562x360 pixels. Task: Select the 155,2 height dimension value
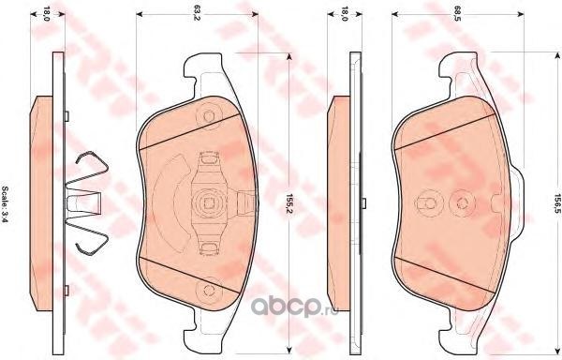(288, 203)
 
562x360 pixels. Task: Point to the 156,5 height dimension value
(557, 203)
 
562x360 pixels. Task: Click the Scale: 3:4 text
(6, 204)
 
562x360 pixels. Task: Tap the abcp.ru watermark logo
(294, 307)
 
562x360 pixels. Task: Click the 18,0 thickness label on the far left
(47, 13)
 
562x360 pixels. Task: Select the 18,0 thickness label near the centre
(345, 13)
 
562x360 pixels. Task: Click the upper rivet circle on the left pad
(209, 116)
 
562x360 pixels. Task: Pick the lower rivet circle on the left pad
(209, 290)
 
